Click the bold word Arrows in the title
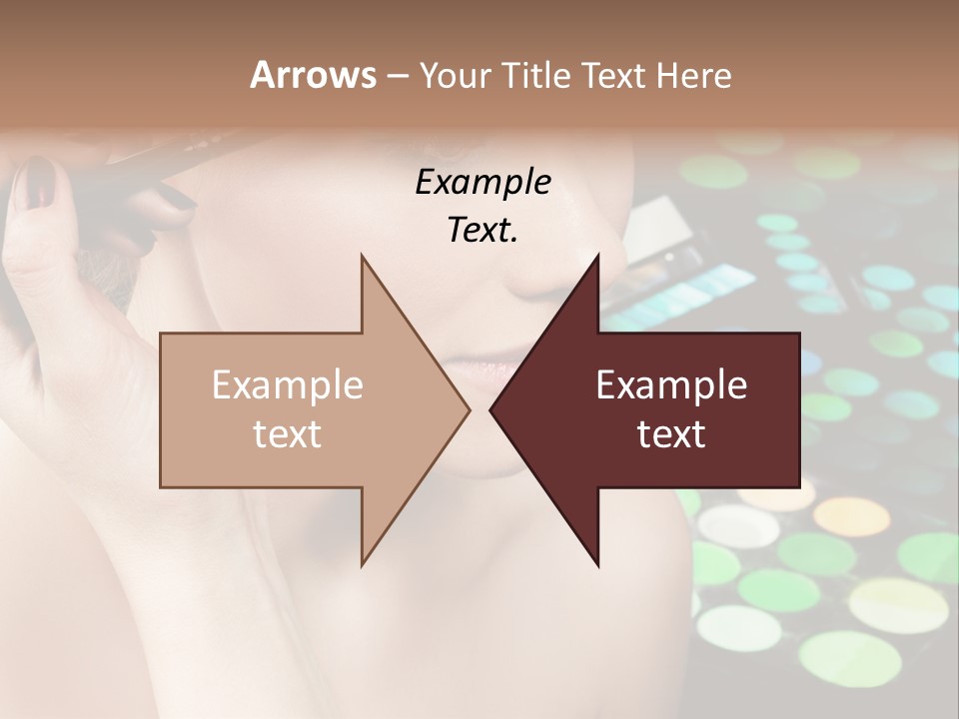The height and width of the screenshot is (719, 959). (313, 75)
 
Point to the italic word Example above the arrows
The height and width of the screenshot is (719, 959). (482, 182)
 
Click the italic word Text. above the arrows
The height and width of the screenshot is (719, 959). (482, 230)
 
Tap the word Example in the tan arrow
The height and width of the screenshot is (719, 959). (288, 385)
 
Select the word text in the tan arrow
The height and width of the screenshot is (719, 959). (288, 434)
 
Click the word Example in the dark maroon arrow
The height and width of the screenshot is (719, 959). (671, 385)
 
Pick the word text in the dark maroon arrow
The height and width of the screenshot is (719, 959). (671, 434)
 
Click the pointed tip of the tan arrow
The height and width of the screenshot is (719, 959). (469, 409)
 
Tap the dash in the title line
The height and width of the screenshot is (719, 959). (397, 77)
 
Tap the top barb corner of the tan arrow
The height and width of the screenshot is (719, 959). (363, 257)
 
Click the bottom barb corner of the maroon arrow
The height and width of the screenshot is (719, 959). (597, 564)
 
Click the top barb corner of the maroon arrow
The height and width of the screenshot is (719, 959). (597, 257)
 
